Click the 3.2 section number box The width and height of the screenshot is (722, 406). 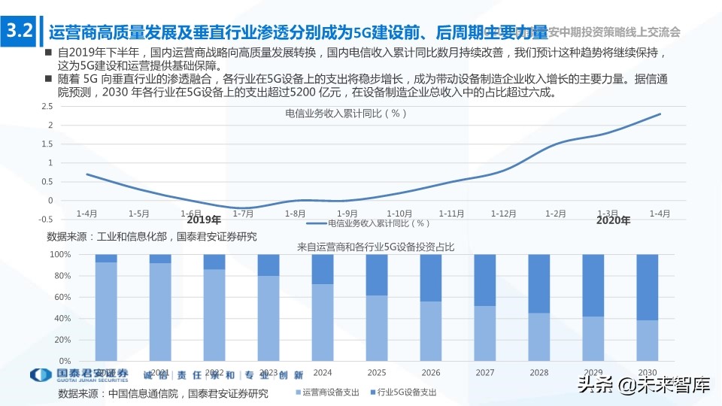18,32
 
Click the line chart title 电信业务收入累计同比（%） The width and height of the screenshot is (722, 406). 346,114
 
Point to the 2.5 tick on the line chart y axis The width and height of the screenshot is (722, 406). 47,106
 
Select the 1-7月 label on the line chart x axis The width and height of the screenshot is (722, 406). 243,214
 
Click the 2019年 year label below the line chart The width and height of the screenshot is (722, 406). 204,220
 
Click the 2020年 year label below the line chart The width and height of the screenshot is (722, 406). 613,220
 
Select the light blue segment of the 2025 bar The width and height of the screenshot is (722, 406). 377,328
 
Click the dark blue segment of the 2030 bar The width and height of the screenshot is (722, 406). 648,286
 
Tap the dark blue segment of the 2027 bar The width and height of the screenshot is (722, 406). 485,280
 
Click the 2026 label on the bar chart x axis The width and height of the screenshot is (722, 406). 431,372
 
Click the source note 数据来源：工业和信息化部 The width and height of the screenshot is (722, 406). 151,236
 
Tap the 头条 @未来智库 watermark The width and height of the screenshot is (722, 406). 643,386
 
